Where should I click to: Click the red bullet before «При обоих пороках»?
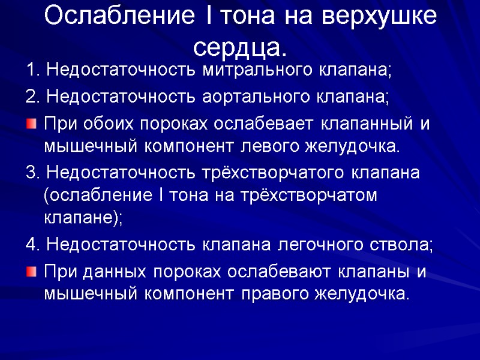point(31,122)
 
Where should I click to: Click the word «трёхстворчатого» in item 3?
point(280,172)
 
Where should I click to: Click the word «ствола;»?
point(407,245)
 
